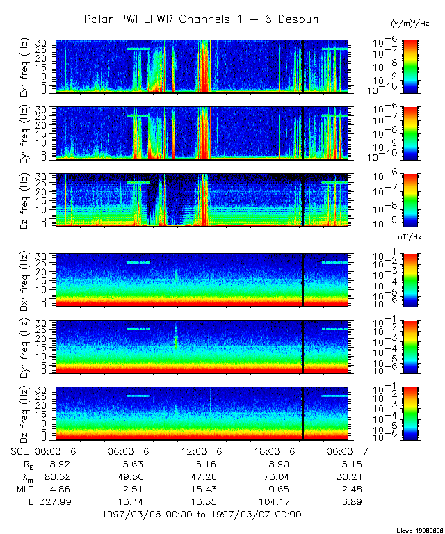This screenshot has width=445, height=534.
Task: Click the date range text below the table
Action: point(202,515)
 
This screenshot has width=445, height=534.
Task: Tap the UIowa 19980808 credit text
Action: point(420,529)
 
